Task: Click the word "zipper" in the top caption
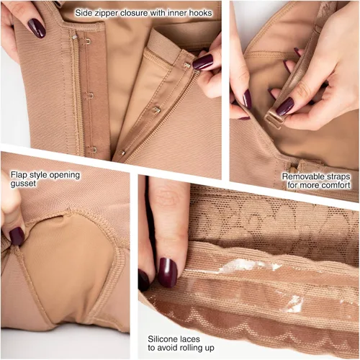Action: tap(106, 13)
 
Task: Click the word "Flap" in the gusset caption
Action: tap(19, 175)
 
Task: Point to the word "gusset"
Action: tap(23, 184)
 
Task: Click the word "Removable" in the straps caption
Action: tap(303, 176)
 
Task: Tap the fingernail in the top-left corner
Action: tap(37, 28)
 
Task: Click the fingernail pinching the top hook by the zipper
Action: tap(202, 62)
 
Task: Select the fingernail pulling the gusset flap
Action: tap(17, 236)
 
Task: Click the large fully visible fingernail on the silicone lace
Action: tap(167, 272)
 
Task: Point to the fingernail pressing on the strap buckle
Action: tap(284, 107)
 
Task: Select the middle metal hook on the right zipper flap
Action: tap(156, 109)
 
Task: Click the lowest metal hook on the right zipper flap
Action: tap(122, 152)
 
